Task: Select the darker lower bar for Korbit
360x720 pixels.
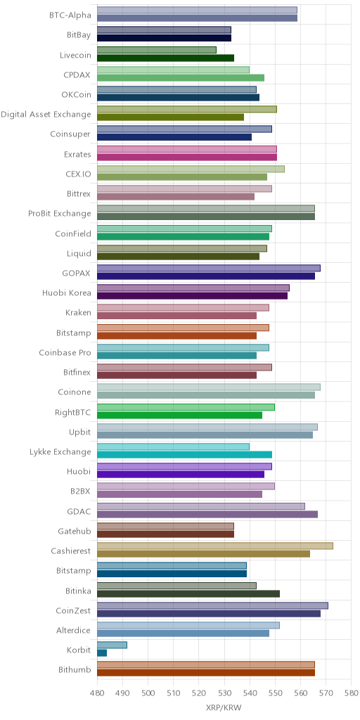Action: click(102, 652)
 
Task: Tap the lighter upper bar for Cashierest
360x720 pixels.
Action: click(215, 546)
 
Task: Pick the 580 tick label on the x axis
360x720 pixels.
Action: click(352, 692)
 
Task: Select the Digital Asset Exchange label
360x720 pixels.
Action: click(46, 115)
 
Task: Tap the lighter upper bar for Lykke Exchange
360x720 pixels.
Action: click(173, 446)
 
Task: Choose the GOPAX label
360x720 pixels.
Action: click(77, 274)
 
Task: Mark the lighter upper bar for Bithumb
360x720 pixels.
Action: click(206, 664)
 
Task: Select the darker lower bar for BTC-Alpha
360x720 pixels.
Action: click(198, 18)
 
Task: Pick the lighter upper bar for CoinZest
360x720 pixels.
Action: click(212, 605)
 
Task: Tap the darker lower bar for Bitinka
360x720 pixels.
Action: click(188, 593)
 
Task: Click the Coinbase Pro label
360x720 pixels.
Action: click(65, 353)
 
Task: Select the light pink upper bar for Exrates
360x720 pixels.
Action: click(187, 149)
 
